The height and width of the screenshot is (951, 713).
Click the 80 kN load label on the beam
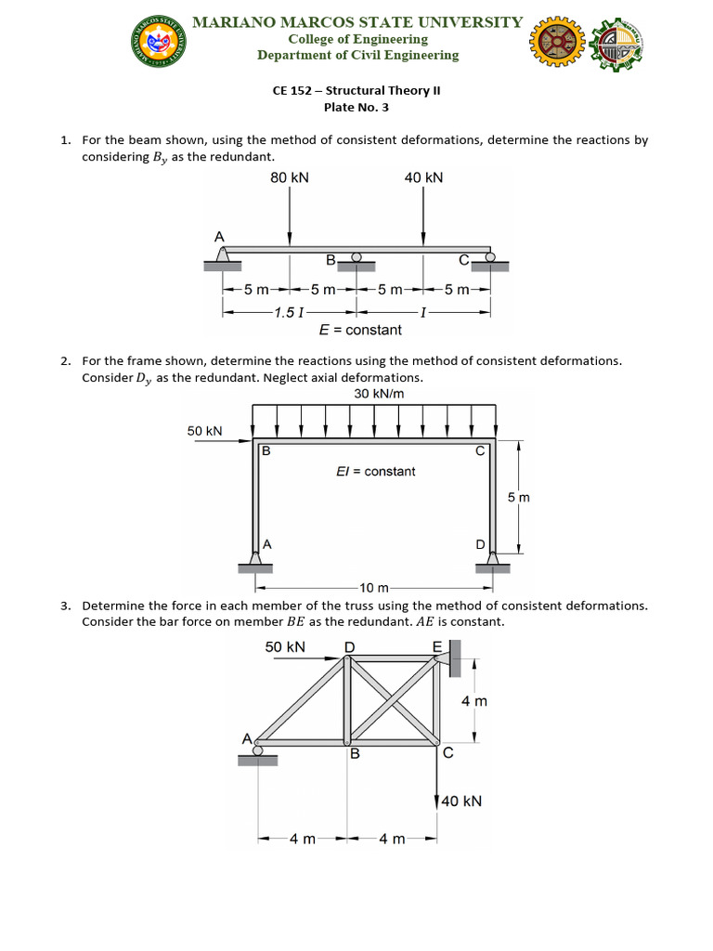pos(290,177)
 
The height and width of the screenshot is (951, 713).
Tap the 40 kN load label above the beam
pos(424,177)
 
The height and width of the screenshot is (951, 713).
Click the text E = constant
pos(360,330)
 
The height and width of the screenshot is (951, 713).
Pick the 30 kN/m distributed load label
pos(379,394)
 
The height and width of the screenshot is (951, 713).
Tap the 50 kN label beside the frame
pos(205,431)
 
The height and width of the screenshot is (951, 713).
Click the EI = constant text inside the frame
pos(375,472)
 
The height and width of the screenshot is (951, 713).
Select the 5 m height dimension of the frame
pos(518,499)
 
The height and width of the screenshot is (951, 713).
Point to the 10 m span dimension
pos(375,588)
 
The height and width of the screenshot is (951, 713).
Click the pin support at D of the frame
pos(492,560)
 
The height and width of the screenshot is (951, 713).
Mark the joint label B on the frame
pos(266,451)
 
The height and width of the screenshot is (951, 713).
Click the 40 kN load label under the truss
pos(460,801)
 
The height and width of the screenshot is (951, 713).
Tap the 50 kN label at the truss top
pos(285,646)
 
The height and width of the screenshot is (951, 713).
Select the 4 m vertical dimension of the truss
pos(473,701)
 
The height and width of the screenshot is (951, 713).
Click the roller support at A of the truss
pos(258,753)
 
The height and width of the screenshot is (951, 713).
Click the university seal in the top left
pos(158,42)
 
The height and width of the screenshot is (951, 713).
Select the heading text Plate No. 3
pos(356,108)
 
